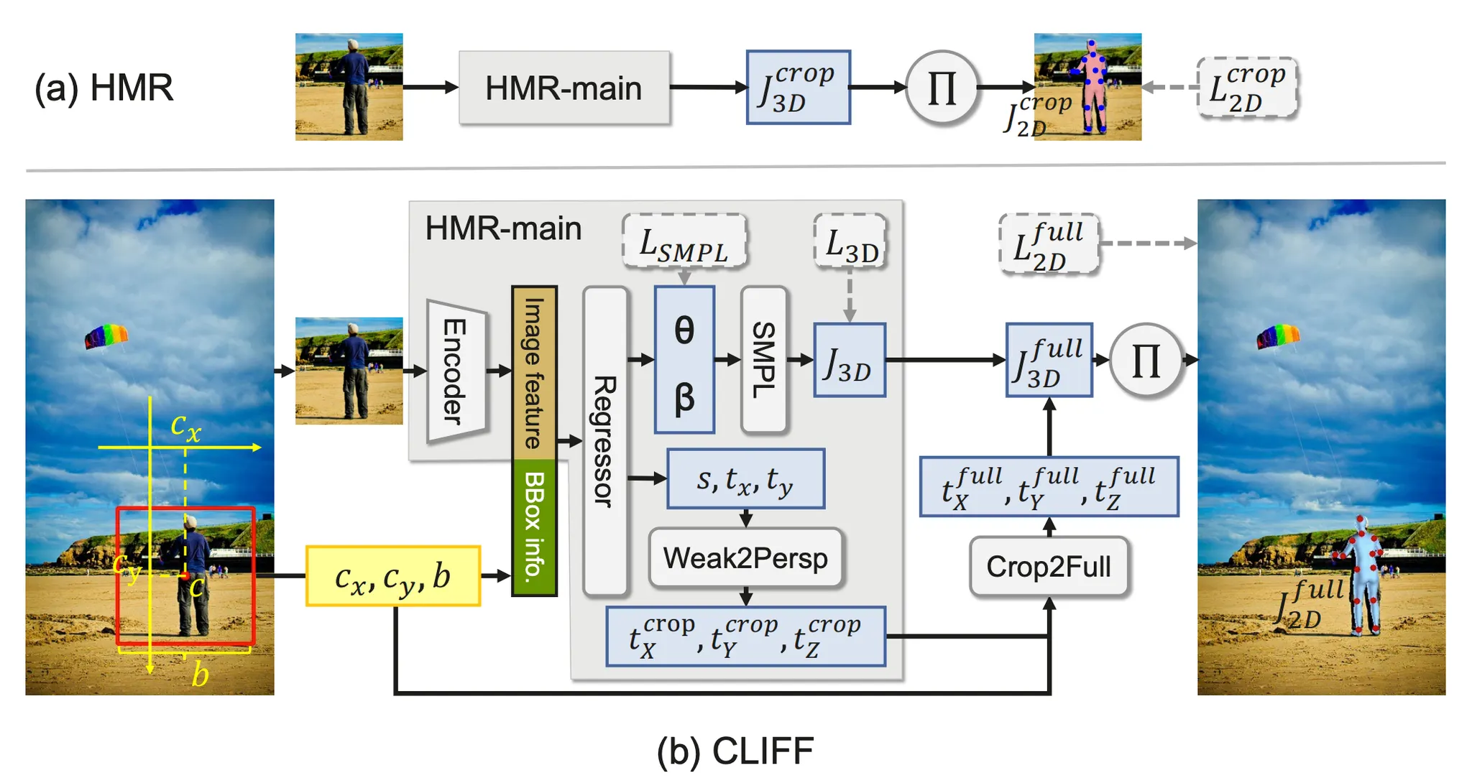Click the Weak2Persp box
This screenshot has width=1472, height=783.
pyautogui.click(x=745, y=558)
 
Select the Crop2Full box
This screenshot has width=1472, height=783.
pyautogui.click(x=1049, y=567)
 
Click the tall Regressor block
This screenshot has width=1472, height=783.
pyautogui.click(x=605, y=441)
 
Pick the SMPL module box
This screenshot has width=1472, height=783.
pyautogui.click(x=764, y=359)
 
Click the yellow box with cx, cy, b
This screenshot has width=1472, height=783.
pyautogui.click(x=393, y=576)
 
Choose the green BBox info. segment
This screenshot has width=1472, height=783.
pyautogui.click(x=534, y=527)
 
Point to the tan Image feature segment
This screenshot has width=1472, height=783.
pyautogui.click(x=534, y=373)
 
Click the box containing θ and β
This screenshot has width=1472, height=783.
pyautogui.click(x=684, y=359)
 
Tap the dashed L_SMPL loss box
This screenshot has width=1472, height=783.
pyautogui.click(x=684, y=241)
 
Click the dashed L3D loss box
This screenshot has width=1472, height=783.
pyautogui.click(x=850, y=241)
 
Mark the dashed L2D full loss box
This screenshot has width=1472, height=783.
pyautogui.click(x=1049, y=244)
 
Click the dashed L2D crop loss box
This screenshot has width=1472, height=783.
pyautogui.click(x=1247, y=88)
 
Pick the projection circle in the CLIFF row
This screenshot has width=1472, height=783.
pyautogui.click(x=1146, y=360)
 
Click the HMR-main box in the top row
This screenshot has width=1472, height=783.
pyautogui.click(x=564, y=88)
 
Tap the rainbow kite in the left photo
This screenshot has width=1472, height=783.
pyautogui.click(x=106, y=336)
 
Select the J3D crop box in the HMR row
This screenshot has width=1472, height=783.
pyautogui.click(x=798, y=88)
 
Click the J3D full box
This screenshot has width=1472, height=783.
pyautogui.click(x=1049, y=360)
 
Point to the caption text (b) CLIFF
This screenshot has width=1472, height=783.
pyautogui.click(x=735, y=751)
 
